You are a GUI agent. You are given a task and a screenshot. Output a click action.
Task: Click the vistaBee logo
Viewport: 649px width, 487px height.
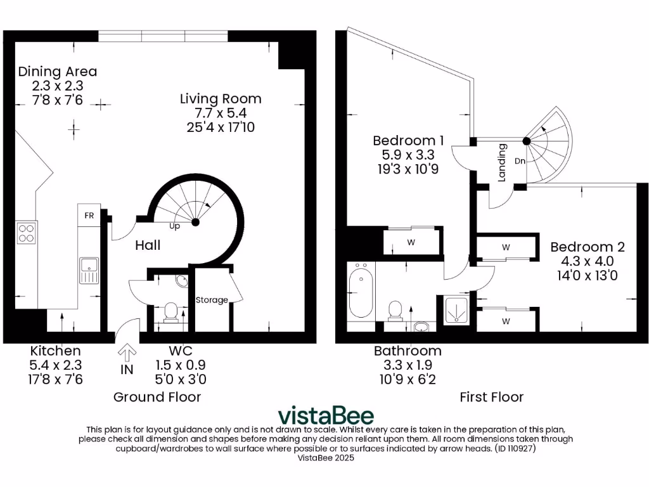click(x=326, y=415)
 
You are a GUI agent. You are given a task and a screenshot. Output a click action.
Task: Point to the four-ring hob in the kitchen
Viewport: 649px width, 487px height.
click(x=27, y=233)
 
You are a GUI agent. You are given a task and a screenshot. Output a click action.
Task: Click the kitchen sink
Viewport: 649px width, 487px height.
click(x=89, y=271)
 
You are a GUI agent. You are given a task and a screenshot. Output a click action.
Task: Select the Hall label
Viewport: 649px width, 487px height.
click(x=148, y=245)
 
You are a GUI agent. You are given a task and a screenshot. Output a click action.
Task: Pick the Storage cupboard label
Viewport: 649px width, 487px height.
click(x=212, y=300)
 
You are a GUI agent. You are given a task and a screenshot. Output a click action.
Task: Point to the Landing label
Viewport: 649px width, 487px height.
click(x=502, y=164)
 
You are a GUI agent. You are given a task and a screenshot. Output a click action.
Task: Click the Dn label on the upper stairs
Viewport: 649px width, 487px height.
click(x=520, y=161)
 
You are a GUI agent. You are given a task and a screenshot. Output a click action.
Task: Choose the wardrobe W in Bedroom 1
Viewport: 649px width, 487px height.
click(x=411, y=242)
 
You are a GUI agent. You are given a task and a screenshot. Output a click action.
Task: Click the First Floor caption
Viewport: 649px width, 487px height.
click(x=492, y=397)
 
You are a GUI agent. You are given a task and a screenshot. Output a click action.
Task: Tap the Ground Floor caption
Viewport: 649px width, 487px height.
click(x=157, y=397)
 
